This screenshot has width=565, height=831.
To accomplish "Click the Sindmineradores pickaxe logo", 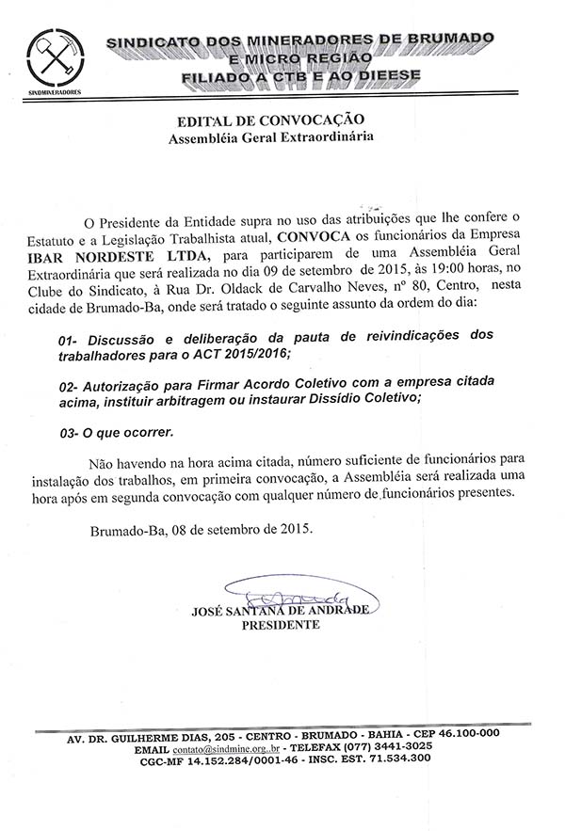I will [x=53, y=57].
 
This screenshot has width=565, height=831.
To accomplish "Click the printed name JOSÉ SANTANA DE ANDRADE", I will [x=281, y=611].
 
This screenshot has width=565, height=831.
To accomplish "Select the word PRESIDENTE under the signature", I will [x=281, y=625].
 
